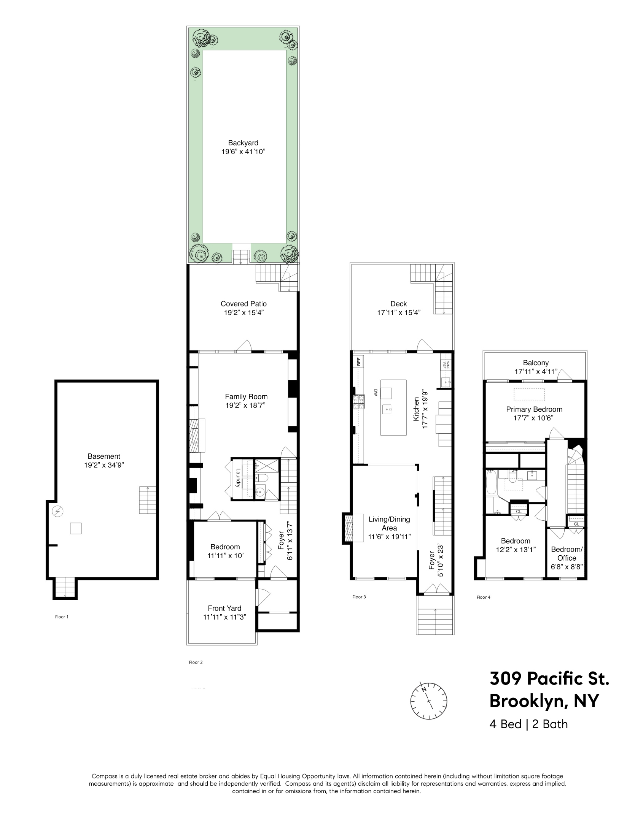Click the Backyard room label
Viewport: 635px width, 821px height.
(x=243, y=143)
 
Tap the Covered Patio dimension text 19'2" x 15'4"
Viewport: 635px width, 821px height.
(x=243, y=313)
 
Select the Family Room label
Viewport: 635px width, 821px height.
(x=246, y=396)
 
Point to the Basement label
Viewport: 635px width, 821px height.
(x=104, y=456)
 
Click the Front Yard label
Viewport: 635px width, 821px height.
(x=224, y=608)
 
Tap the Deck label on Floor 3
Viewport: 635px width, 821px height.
(x=398, y=304)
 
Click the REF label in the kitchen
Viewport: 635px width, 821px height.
(x=358, y=361)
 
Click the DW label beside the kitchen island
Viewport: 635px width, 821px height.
(x=375, y=393)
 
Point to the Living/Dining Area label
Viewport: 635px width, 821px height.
(x=389, y=523)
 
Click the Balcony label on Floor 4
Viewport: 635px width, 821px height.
(x=536, y=363)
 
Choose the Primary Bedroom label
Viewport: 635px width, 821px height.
(x=534, y=409)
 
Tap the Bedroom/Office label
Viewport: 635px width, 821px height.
(x=567, y=553)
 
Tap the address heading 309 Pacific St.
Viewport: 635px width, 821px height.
(x=549, y=678)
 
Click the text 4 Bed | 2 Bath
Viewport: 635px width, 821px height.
(x=528, y=724)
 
